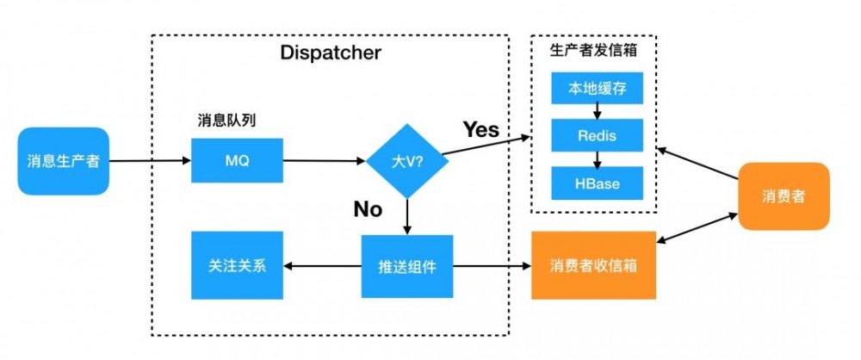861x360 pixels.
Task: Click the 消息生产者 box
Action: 63,160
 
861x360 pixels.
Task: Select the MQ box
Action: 237,160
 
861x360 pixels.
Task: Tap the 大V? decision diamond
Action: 407,160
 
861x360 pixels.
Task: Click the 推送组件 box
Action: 407,266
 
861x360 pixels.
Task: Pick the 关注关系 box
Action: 237,266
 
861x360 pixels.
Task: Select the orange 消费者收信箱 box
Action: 594,266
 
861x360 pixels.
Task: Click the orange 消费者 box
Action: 784,196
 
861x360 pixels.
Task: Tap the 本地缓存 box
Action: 597,89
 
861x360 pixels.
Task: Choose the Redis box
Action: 597,136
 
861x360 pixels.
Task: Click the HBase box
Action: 597,183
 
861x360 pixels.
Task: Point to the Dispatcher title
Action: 331,53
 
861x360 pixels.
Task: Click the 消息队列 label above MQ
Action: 227,121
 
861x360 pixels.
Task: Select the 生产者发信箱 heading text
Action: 593,49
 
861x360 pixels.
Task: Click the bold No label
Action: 368,208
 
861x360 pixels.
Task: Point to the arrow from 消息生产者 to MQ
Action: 151,160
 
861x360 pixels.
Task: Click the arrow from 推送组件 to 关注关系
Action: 322,266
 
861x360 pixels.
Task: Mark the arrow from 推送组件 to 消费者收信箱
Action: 492,266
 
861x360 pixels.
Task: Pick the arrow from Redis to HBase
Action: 597,159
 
